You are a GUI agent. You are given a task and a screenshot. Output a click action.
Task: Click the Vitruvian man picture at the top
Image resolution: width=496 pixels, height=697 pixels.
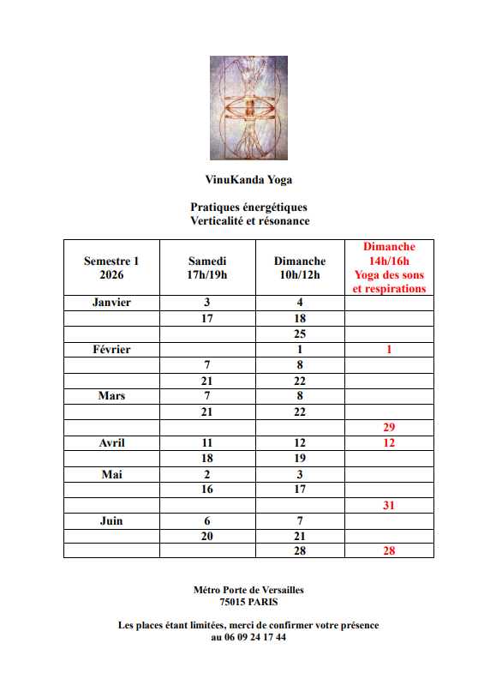coord(248,108)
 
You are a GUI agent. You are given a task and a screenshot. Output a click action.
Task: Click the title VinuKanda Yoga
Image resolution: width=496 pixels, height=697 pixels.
coord(248,180)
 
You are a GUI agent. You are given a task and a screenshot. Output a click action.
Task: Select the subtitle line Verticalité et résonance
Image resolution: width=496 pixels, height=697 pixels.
coord(249,220)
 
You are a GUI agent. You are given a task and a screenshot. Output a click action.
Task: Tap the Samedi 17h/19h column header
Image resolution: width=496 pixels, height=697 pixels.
coord(207,267)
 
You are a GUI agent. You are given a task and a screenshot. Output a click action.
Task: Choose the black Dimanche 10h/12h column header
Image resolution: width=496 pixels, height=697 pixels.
coord(300,267)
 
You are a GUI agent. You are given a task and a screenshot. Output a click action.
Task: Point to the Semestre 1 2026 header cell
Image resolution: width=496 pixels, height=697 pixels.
coord(111,267)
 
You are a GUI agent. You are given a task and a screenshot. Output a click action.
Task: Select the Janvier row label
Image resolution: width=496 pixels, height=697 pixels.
coord(111,303)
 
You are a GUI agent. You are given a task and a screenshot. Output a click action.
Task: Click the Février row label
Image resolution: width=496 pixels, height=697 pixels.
coord(111,350)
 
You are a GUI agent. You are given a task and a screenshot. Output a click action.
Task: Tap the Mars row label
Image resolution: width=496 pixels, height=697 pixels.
coord(111,396)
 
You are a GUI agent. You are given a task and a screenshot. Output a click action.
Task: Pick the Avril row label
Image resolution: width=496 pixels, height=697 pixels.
coord(111,443)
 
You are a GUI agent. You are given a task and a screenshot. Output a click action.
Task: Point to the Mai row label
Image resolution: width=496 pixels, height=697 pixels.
coord(111,474)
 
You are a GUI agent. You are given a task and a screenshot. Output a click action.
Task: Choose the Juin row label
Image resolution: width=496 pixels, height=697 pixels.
coord(111,521)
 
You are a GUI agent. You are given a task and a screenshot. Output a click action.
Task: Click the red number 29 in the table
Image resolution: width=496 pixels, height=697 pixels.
coord(389,427)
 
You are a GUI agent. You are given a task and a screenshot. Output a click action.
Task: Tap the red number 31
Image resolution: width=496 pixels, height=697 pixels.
coord(389,506)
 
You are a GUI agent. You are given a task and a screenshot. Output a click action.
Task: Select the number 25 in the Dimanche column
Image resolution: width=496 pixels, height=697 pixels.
coord(300,334)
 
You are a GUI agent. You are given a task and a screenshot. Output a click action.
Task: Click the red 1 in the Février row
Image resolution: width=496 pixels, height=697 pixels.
coord(389,350)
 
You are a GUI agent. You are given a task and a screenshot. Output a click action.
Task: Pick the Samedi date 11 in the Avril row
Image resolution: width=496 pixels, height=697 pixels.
coord(207,443)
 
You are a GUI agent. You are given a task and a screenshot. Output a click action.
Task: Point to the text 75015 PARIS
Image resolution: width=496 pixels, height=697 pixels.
coord(248,602)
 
